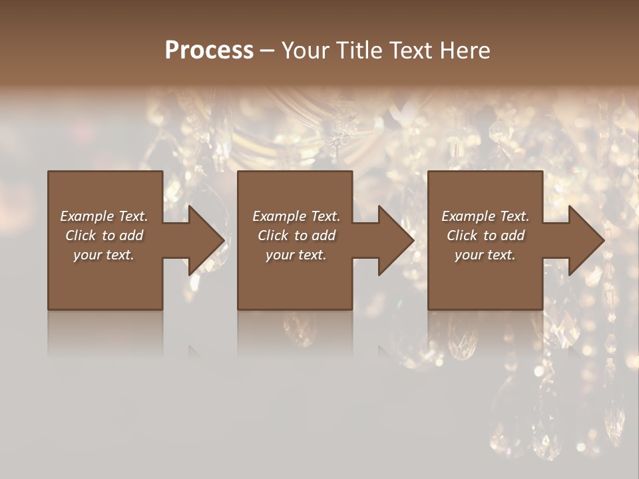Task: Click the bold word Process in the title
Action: tap(209, 51)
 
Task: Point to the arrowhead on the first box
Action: tap(206, 240)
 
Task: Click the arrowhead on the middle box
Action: tap(397, 240)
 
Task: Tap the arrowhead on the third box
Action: tap(586, 240)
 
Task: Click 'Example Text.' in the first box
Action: tap(104, 216)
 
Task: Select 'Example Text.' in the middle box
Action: tap(296, 216)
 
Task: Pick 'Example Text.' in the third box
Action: tap(485, 216)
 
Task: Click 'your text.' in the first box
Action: tap(104, 255)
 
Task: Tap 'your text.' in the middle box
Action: tap(296, 255)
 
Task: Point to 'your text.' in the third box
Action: tap(485, 255)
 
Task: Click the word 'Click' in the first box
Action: tap(81, 236)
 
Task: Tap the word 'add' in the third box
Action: tap(513, 236)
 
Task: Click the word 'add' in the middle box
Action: tap(323, 236)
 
